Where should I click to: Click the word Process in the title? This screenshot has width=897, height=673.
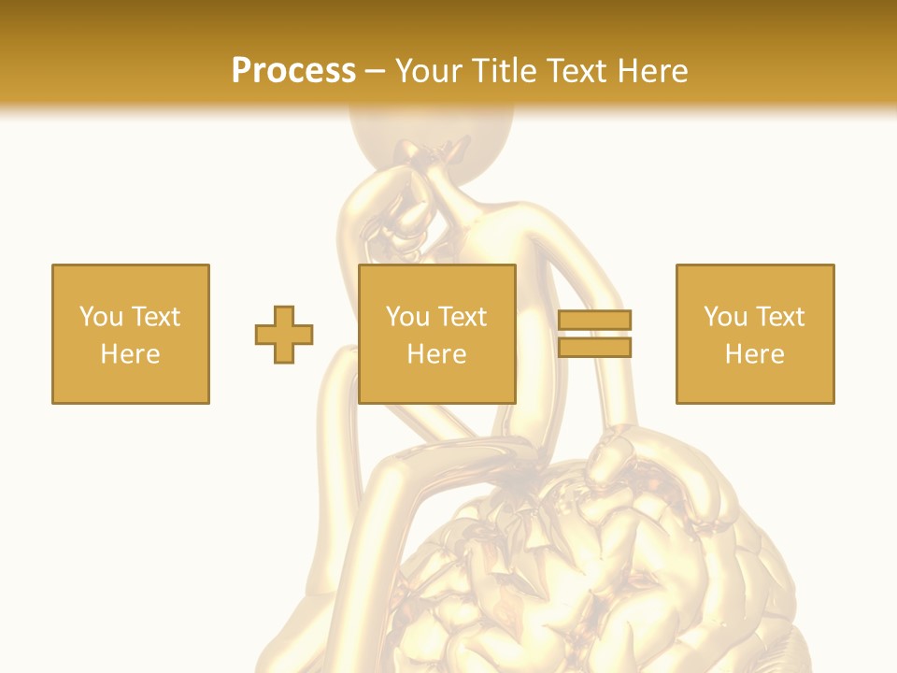tap(293, 70)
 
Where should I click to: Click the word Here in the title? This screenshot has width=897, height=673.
tap(653, 70)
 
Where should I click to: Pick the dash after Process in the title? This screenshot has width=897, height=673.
tap(375, 71)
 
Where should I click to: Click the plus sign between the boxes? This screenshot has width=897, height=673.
tap(284, 335)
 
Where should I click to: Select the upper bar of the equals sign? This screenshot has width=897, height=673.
tap(595, 321)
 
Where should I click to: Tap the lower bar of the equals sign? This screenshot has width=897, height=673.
tap(595, 347)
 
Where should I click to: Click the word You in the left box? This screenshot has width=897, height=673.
tap(101, 316)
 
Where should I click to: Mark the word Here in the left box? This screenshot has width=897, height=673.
tap(130, 354)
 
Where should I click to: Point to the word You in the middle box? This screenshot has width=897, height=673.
tap(407, 316)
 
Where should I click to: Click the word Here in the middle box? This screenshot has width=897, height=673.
tap(436, 354)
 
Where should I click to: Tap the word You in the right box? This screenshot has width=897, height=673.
tap(725, 316)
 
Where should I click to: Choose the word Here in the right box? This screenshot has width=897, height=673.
tap(754, 354)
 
